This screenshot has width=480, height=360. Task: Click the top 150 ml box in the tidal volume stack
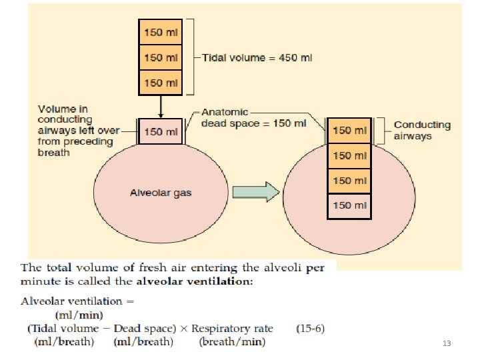160,31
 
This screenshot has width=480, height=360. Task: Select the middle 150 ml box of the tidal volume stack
160,57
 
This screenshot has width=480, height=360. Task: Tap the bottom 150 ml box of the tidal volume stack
160,83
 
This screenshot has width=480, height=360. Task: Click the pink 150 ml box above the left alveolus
160,131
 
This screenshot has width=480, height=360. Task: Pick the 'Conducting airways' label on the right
422,130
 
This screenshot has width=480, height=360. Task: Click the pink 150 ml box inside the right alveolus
350,205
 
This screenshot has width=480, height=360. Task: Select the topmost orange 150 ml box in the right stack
350,131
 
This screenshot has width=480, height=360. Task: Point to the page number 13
447,343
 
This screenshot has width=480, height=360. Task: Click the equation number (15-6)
309,328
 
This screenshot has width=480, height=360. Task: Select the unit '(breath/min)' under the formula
232,342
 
